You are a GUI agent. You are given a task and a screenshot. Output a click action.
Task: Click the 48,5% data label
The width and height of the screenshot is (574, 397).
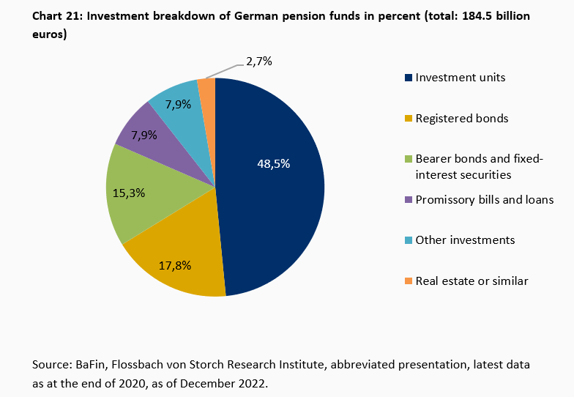pyautogui.click(x=273, y=163)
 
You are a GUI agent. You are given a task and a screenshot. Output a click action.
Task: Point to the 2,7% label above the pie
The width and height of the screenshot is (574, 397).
pyautogui.click(x=258, y=62)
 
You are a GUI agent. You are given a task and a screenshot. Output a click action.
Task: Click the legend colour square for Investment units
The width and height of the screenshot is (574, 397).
pyautogui.click(x=408, y=78)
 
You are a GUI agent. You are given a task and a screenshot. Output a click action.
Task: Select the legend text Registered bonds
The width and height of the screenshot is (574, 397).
pyautogui.click(x=461, y=118)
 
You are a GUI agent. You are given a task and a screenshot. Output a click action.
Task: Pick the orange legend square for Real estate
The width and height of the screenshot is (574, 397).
pyautogui.click(x=408, y=281)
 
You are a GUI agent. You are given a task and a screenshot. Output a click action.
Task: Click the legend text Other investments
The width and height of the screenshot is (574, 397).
pyautogui.click(x=465, y=240)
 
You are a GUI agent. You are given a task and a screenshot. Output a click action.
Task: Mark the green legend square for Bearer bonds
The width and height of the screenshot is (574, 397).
pyautogui.click(x=408, y=159)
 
